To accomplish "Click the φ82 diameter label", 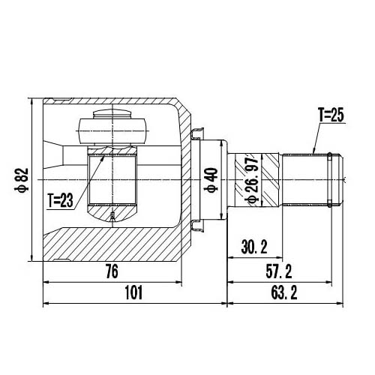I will point(22,180).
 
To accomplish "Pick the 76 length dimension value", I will point(112,274).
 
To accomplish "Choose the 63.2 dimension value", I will point(286,293).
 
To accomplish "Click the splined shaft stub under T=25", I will point(304,180).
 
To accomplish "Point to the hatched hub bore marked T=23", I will point(112,180).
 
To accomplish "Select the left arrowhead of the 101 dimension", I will point(47,304).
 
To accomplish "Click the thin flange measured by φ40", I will point(223,180).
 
